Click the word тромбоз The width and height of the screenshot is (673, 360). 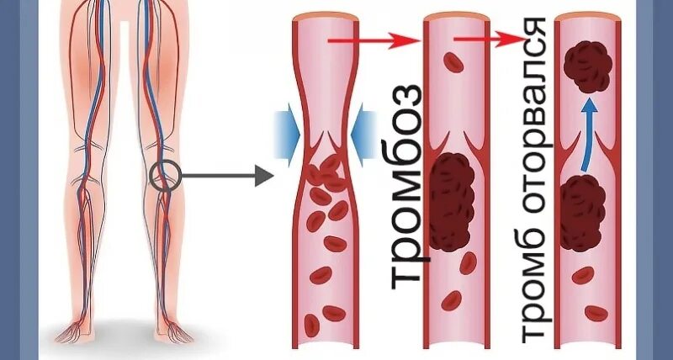click(x=406, y=184)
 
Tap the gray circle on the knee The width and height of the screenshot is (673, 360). click(x=165, y=176)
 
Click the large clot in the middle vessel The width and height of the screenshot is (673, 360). click(x=453, y=202)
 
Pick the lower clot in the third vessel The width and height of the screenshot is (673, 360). click(x=581, y=212)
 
